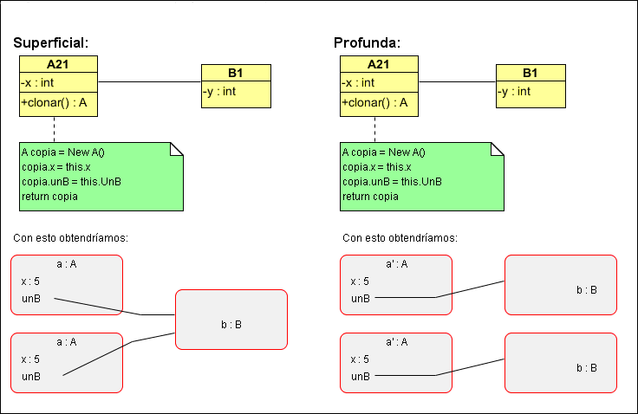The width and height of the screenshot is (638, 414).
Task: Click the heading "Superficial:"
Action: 51,42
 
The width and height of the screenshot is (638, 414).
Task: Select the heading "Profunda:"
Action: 367,42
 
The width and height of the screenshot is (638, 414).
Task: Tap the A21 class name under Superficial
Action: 58,65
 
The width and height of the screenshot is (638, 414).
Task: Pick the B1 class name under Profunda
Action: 530,73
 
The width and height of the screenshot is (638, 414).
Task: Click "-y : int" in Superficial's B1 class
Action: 220,91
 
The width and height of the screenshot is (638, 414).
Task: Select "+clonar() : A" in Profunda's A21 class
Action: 374,102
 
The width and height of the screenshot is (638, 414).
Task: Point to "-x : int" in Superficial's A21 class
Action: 38,82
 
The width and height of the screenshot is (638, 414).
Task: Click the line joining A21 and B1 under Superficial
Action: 149,82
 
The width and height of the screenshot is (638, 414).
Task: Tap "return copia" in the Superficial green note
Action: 49,197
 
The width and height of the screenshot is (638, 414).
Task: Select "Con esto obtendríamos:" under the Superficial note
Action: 76,238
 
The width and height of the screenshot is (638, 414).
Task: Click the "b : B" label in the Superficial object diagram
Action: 231,325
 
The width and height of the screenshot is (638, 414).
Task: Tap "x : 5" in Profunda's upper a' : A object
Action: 360,281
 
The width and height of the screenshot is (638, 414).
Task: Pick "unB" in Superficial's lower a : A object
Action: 31,376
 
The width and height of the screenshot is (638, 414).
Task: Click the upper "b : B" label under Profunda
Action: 587,289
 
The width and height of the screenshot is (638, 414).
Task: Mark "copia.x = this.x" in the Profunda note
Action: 376,167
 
